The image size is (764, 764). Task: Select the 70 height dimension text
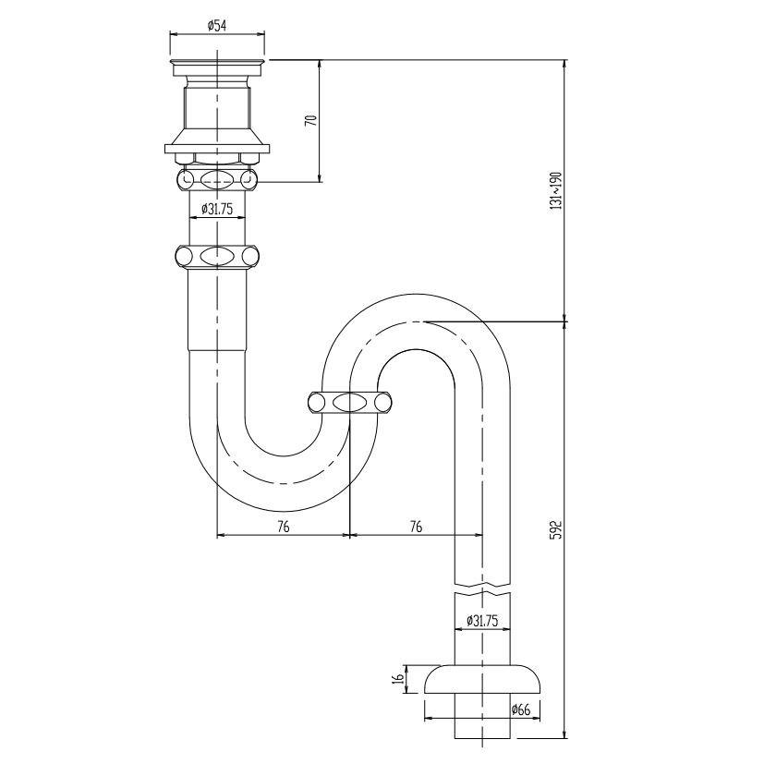(x=311, y=120)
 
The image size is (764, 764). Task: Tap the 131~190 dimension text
(x=555, y=190)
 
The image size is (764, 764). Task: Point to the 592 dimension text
(x=555, y=529)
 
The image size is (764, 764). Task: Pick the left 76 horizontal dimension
(x=283, y=526)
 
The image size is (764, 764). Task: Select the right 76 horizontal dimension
(x=416, y=526)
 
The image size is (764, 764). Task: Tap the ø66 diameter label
(x=521, y=710)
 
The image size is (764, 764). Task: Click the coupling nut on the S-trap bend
(x=349, y=402)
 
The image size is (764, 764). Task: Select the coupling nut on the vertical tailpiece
(x=217, y=256)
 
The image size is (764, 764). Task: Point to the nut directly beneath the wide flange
(x=217, y=177)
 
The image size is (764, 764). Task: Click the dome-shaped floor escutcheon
(x=482, y=679)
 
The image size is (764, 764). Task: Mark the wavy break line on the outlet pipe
(x=482, y=585)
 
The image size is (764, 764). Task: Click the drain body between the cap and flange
(x=217, y=106)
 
